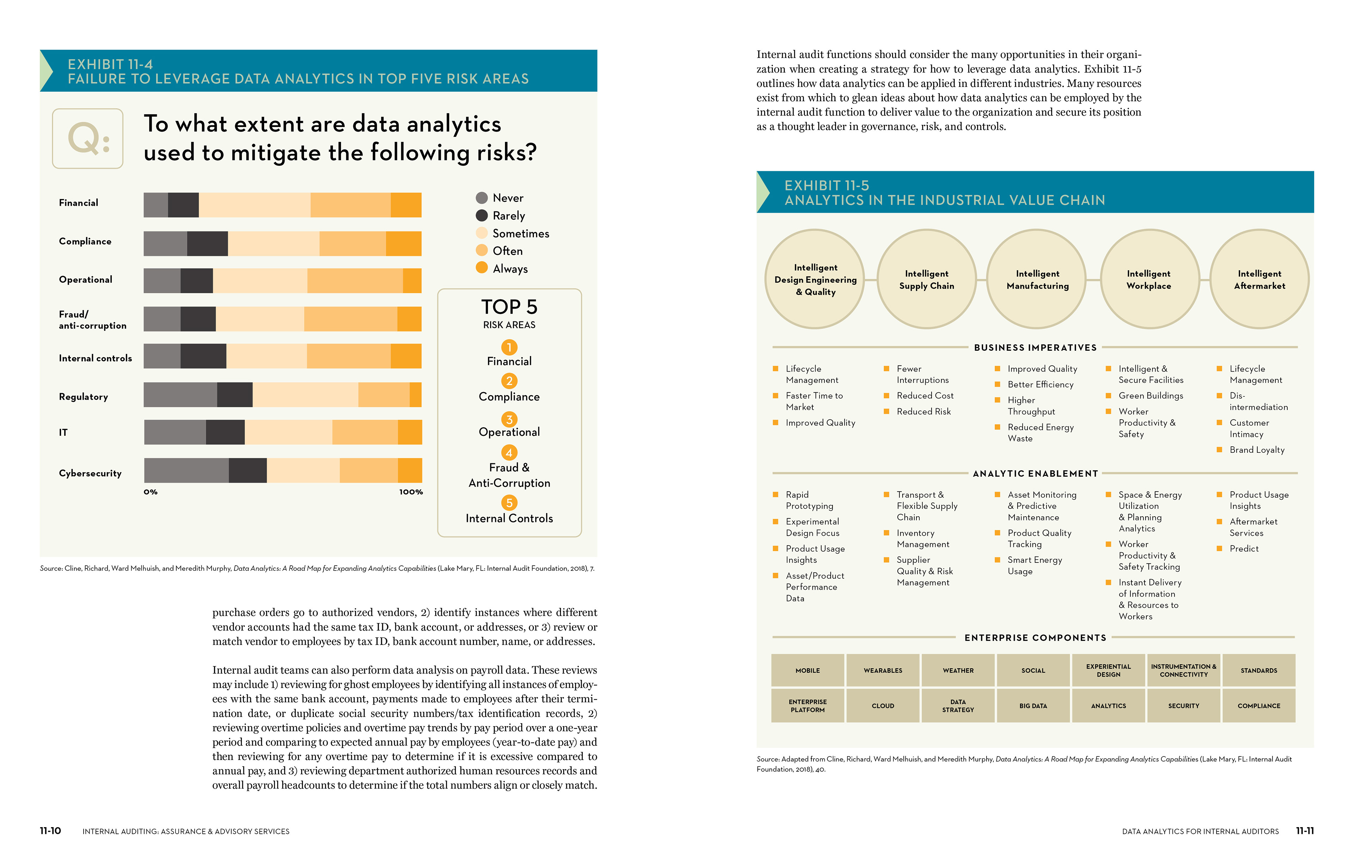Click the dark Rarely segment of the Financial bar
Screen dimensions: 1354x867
(x=183, y=205)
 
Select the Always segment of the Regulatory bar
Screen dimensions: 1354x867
(x=416, y=394)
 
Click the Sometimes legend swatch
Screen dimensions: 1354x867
(x=482, y=233)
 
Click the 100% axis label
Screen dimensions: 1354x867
(x=411, y=492)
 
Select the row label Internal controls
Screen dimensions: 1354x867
(x=96, y=358)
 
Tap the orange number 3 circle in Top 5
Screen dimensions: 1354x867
(x=509, y=420)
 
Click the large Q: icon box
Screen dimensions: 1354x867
(x=88, y=138)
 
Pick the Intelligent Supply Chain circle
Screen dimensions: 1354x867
(x=927, y=279)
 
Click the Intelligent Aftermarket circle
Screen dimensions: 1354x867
(x=1260, y=279)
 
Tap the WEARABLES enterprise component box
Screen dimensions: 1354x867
(x=883, y=670)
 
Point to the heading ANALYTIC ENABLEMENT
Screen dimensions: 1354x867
(x=1036, y=474)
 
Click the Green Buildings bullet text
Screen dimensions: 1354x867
(x=1151, y=396)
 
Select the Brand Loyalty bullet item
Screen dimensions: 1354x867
(x=1252, y=450)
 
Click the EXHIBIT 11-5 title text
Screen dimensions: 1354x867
(x=827, y=185)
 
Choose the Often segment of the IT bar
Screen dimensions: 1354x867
(x=365, y=432)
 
